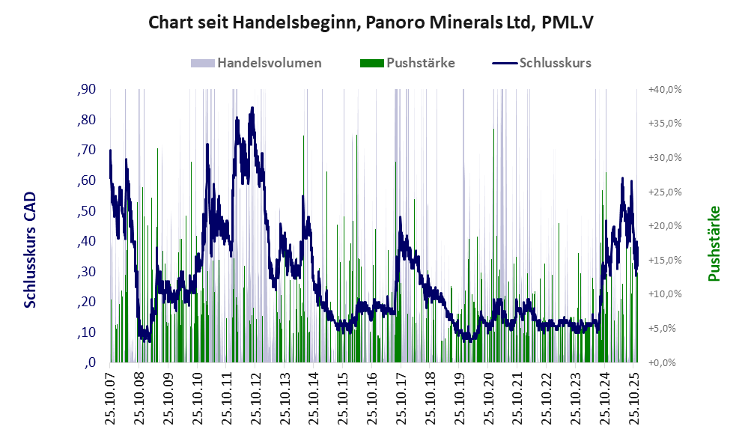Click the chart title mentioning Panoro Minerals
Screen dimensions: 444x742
[371, 22]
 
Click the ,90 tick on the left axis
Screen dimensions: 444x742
[86, 90]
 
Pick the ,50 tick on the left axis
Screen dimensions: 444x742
[86, 211]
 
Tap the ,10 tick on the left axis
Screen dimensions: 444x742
[86, 332]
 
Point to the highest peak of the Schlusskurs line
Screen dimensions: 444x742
[252, 108]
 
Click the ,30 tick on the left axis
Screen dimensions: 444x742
[86, 272]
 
